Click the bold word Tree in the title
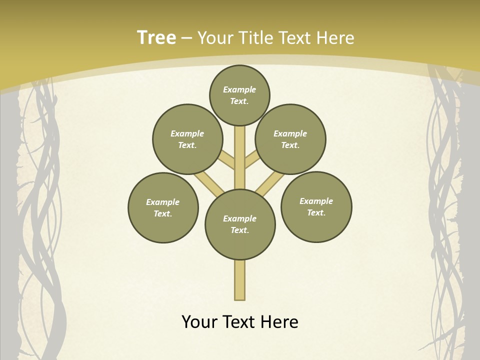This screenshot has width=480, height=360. tap(156, 37)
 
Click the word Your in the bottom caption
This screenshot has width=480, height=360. tap(200, 322)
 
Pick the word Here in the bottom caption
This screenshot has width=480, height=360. tap(280, 322)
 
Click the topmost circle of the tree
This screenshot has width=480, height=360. tap(239, 95)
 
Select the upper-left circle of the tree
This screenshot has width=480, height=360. tap(187, 139)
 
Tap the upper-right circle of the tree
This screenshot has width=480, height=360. tap(290, 139)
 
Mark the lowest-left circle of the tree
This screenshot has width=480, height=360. tap(163, 207)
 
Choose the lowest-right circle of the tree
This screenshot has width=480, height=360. tap(316, 206)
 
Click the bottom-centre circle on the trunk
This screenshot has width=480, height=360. tap(240, 224)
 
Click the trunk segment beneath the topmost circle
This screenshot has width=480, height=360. tap(240, 150)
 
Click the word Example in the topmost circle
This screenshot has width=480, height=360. tap(239, 89)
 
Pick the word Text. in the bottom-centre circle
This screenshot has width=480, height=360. tap(240, 230)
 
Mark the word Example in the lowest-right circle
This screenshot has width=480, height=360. tap(316, 201)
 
